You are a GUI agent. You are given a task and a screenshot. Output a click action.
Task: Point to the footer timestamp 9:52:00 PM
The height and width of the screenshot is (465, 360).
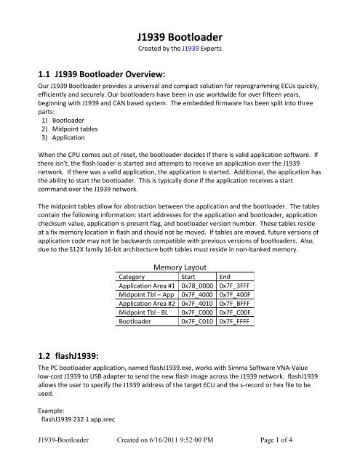click(207, 450)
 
